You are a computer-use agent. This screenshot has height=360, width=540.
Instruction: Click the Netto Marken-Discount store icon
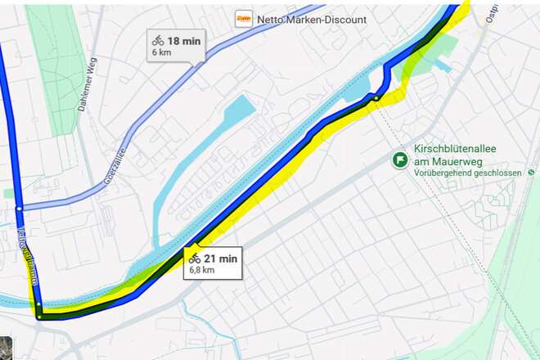coord(243,19)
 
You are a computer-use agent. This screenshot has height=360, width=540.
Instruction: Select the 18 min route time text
coord(185,40)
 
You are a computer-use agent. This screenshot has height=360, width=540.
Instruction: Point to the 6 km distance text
coord(161,52)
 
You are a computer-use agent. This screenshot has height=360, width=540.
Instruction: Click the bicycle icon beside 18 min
coord(158,40)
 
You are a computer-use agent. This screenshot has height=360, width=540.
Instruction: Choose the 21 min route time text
coord(221,259)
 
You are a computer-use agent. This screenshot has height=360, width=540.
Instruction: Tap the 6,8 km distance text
coord(202,270)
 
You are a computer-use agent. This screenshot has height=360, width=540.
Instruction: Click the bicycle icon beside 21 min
coord(195,259)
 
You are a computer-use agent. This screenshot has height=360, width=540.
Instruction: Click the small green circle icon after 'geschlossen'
coord(532,173)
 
